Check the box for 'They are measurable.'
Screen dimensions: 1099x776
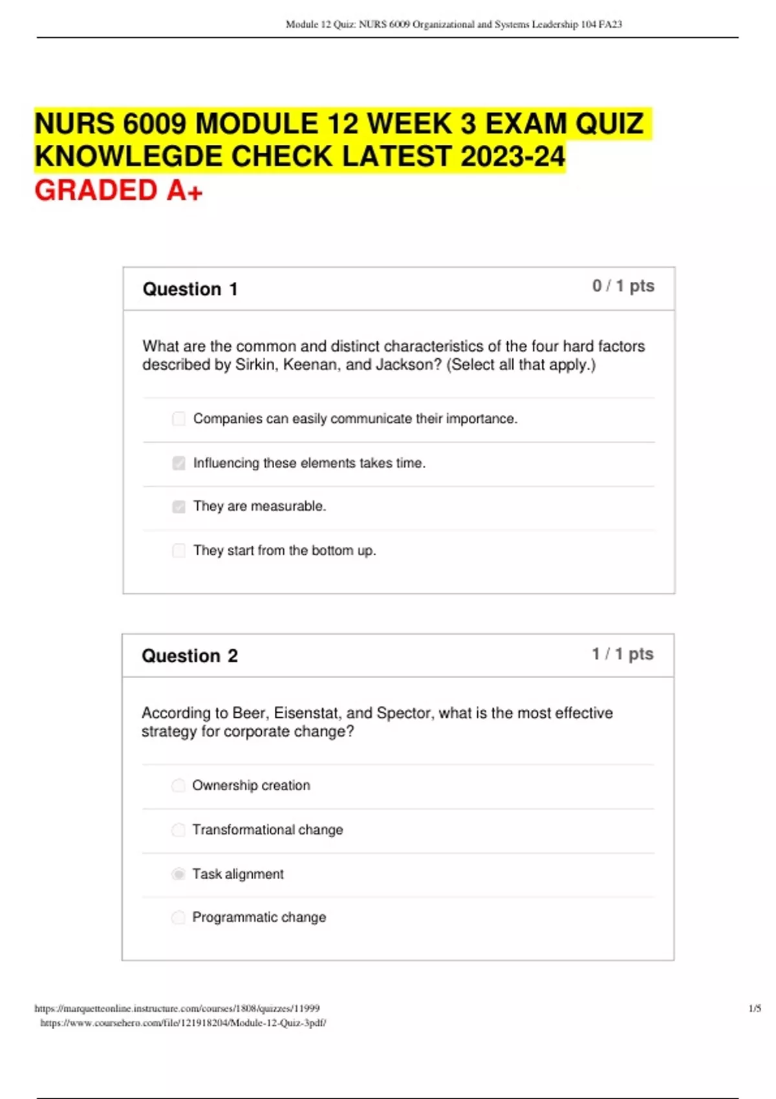(x=178, y=507)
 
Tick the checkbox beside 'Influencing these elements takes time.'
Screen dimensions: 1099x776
(x=178, y=463)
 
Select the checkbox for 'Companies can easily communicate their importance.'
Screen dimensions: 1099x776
(x=178, y=419)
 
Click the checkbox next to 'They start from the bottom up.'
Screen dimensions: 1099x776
(x=178, y=551)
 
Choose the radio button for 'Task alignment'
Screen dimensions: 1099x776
(x=178, y=874)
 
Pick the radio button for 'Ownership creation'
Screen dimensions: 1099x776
(x=178, y=785)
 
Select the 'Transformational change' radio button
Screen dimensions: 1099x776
(x=178, y=829)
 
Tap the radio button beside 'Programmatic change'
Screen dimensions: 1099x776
(x=178, y=917)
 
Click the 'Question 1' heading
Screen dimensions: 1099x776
(x=190, y=289)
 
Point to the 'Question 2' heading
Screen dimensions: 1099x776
(x=189, y=656)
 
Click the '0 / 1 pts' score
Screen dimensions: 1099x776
(x=623, y=286)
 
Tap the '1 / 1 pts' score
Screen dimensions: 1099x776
(x=622, y=654)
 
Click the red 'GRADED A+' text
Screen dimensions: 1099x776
(x=118, y=191)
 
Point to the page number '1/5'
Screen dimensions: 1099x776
(x=754, y=1008)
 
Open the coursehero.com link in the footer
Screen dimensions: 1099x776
(x=183, y=1023)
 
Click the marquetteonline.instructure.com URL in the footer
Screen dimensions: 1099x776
(x=177, y=1008)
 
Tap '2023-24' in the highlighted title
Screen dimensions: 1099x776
(x=512, y=156)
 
